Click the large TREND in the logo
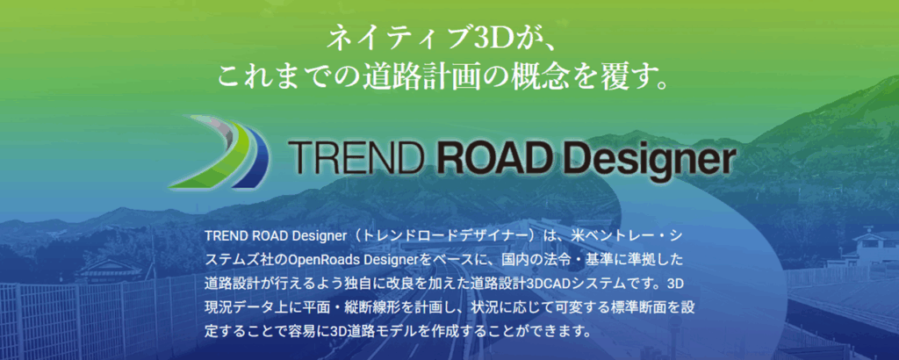coord(357,158)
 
